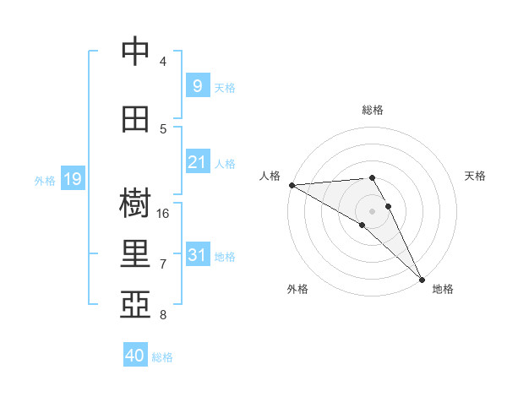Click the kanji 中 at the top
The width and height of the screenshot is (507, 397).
[x=135, y=52]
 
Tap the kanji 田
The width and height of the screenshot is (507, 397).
[x=135, y=118]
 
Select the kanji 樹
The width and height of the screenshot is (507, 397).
[x=135, y=204]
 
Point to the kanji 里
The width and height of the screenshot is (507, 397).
[x=135, y=253]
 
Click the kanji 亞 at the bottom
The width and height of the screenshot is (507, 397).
[x=135, y=303]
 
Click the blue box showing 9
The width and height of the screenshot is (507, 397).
[x=197, y=85]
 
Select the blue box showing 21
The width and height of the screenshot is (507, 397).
[x=197, y=162]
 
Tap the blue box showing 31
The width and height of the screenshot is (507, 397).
[x=197, y=255]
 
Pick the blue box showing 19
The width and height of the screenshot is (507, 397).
[x=73, y=179]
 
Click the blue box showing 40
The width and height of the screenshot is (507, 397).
[x=135, y=356]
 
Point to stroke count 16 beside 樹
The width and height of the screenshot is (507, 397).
[x=164, y=214]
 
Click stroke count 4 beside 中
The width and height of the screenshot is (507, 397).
[x=163, y=62]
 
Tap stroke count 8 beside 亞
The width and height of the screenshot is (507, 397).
[x=163, y=315]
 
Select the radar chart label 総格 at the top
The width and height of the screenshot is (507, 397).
[x=372, y=111]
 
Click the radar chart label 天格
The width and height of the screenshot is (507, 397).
[x=476, y=176]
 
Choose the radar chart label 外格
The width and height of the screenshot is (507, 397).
[x=297, y=290]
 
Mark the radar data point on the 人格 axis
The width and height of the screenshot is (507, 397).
[x=291, y=185]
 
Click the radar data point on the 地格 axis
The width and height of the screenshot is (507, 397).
[x=422, y=280]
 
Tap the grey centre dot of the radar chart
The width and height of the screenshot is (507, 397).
[x=372, y=210]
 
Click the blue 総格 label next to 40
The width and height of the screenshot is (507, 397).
[x=163, y=357]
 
